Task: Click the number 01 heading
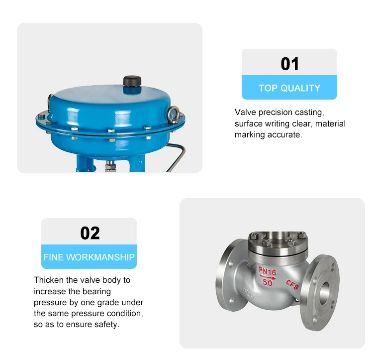point(289,64)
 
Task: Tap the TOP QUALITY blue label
point(289,88)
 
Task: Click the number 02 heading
point(90,233)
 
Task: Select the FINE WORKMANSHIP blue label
point(89,257)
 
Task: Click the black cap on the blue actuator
point(131,81)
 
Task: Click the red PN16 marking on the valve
point(268,271)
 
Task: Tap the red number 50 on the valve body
point(268,282)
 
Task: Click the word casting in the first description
point(309,113)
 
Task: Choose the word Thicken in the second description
point(50,280)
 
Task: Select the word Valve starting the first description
point(245,113)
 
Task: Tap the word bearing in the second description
point(97,291)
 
